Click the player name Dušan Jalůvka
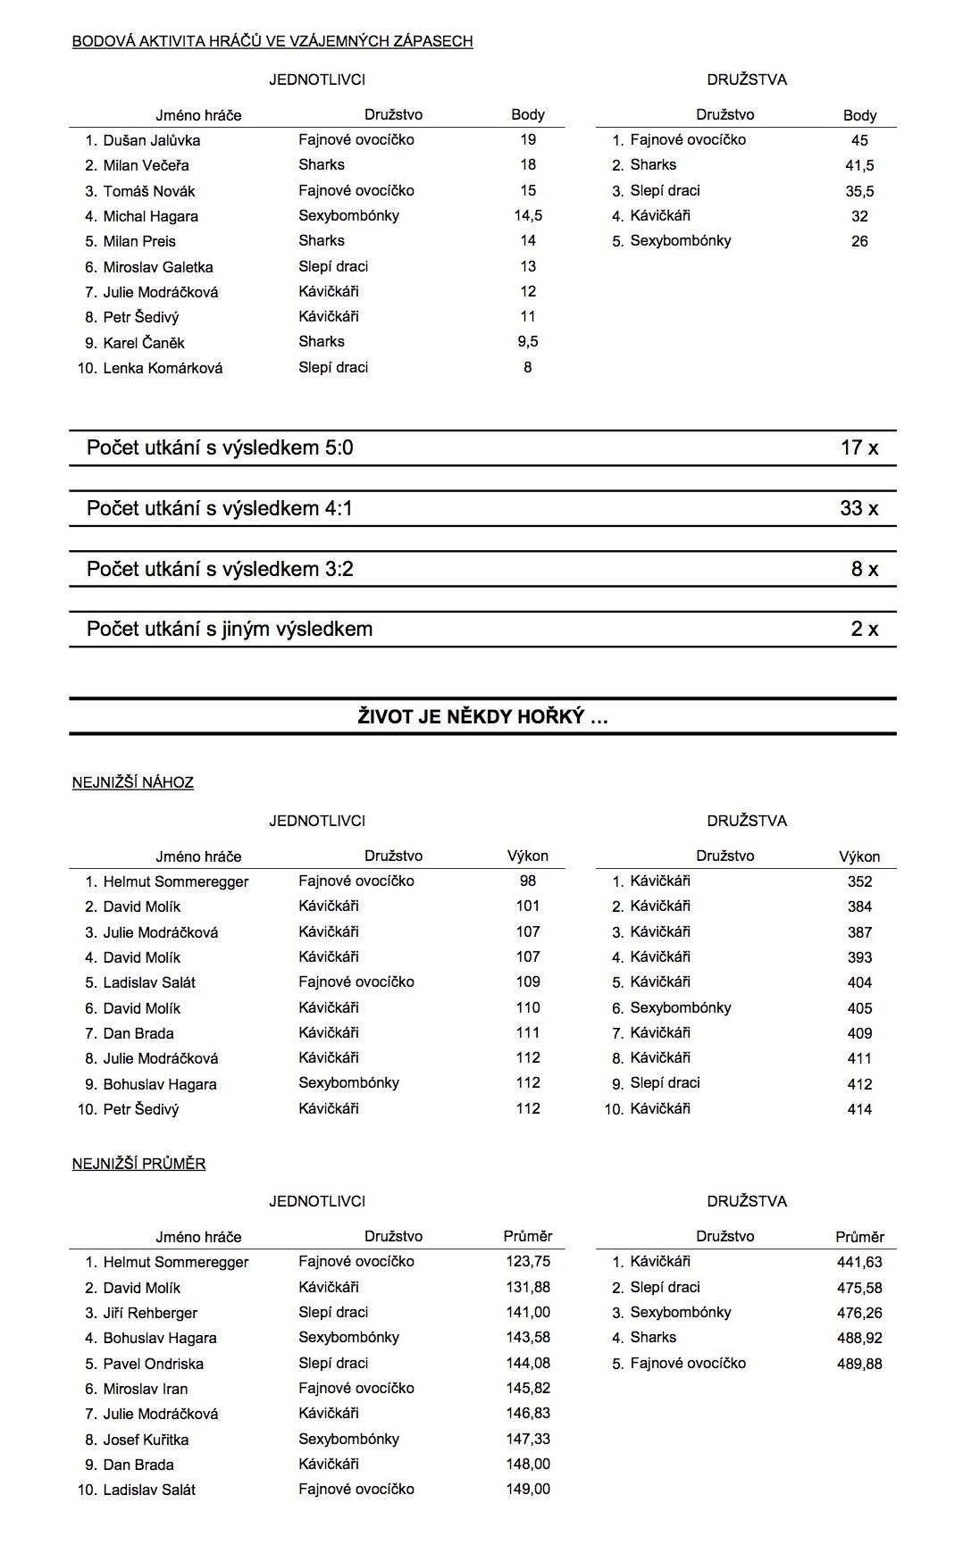pyautogui.click(x=151, y=140)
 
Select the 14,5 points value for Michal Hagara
pyautogui.click(x=528, y=215)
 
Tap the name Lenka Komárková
pyautogui.click(x=163, y=368)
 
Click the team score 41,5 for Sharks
pyautogui.click(x=859, y=165)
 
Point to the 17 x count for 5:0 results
pyautogui.click(x=858, y=448)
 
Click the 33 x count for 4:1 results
pyautogui.click(x=858, y=509)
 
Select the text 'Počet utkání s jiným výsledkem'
pyautogui.click(x=230, y=630)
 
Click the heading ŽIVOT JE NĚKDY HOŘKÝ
pyautogui.click(x=482, y=716)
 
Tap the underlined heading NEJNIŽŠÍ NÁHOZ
pyautogui.click(x=133, y=782)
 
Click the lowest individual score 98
pyautogui.click(x=528, y=881)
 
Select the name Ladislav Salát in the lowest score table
pyautogui.click(x=149, y=982)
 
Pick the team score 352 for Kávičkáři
pyautogui.click(x=859, y=881)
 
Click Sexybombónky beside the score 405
pyautogui.click(x=680, y=1007)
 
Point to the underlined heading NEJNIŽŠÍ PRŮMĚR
pyautogui.click(x=138, y=1164)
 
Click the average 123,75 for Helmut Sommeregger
pyautogui.click(x=527, y=1262)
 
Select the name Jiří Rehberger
pyautogui.click(x=150, y=1313)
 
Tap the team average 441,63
pyautogui.click(x=859, y=1262)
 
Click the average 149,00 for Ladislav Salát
pyautogui.click(x=527, y=1489)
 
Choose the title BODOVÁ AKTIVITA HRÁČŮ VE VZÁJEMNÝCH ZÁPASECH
pyautogui.click(x=272, y=41)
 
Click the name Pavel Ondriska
pyautogui.click(x=153, y=1364)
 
